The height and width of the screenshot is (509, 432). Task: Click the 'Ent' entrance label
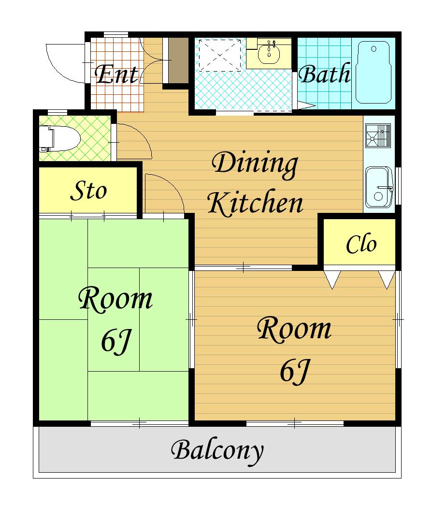(116, 75)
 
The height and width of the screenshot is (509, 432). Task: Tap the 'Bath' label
(324, 74)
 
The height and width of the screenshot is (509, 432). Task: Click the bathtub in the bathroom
(373, 72)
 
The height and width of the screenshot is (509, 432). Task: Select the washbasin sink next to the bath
(269, 53)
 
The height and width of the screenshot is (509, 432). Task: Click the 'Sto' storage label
(88, 191)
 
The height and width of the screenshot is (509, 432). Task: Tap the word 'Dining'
(254, 165)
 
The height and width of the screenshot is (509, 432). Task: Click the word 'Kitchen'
(255, 203)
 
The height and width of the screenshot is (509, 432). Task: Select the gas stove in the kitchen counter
(378, 135)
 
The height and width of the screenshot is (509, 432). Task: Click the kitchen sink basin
(379, 187)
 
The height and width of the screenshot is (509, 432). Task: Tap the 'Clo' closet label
(361, 244)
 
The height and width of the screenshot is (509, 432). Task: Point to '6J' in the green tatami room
(115, 342)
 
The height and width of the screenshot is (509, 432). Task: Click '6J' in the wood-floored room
(295, 372)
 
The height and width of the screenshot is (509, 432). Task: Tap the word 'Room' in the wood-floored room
(294, 329)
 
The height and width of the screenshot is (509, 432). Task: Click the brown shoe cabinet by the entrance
(178, 60)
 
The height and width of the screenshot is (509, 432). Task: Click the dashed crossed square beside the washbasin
(220, 55)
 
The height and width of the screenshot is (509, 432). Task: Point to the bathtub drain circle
(374, 49)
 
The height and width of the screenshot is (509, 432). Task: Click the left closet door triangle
(332, 280)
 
